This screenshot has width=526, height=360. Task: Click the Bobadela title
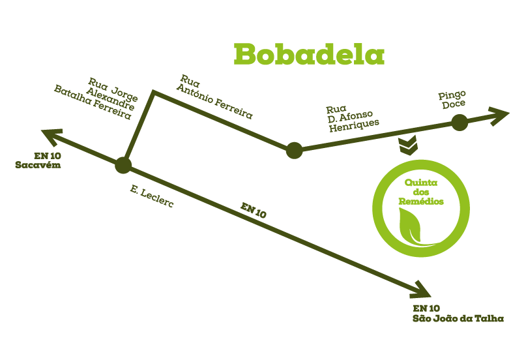point(309,54)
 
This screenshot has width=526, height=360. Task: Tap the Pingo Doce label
point(452,100)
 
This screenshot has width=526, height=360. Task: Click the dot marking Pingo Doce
point(460,123)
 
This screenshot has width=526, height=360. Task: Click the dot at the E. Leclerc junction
point(123,165)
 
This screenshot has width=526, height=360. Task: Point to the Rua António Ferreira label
point(214,97)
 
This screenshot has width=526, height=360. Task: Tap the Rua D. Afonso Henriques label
point(352,119)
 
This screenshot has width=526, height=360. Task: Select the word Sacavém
point(38,165)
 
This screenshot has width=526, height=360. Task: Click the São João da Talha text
point(458,318)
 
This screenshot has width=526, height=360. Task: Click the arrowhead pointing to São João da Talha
point(421,290)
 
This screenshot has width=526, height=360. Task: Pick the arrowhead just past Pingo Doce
point(500,115)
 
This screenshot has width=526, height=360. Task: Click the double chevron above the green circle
point(408,145)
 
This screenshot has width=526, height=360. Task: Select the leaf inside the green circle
point(415,226)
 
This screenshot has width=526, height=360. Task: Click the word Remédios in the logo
point(421,202)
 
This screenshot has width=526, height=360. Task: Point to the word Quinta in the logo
point(421,183)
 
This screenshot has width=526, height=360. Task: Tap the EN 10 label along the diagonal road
point(254,211)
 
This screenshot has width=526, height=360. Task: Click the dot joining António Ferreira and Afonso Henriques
point(294,150)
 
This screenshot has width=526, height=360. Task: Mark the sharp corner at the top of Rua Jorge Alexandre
point(153,91)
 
